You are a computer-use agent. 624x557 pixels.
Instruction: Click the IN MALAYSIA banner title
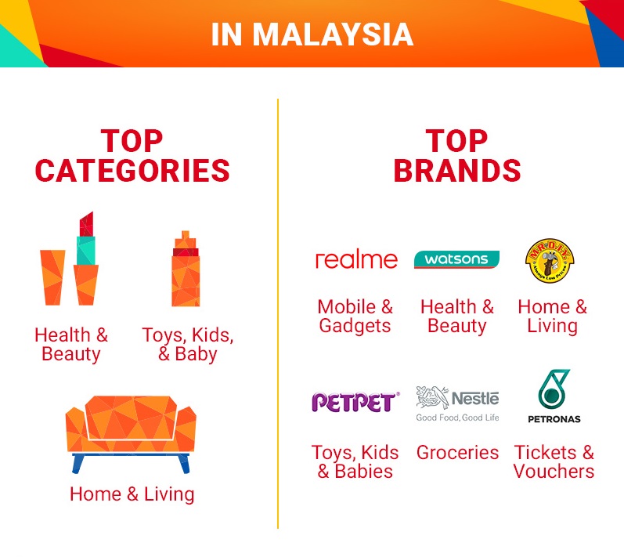click(x=312, y=34)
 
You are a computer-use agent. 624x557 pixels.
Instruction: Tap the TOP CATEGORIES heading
click(x=132, y=156)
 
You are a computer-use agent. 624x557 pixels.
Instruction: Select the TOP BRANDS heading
click(x=457, y=156)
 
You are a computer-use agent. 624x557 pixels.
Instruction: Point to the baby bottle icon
click(x=186, y=269)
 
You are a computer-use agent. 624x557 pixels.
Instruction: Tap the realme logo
click(x=355, y=259)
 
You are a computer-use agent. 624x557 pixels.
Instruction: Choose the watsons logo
click(x=456, y=259)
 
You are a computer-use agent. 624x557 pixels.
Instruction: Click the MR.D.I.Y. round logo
click(x=550, y=260)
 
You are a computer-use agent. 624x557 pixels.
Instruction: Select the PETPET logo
click(x=355, y=402)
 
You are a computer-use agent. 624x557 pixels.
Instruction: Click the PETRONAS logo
click(x=554, y=396)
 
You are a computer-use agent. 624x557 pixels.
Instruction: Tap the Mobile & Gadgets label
click(x=355, y=316)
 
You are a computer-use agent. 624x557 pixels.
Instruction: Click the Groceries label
click(x=457, y=453)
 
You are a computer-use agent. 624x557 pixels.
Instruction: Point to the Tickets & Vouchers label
click(x=554, y=461)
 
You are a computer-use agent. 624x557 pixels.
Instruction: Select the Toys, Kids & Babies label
click(x=355, y=461)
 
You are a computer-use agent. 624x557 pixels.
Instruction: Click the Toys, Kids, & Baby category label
click(x=187, y=345)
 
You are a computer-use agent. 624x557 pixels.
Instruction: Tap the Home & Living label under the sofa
click(x=132, y=494)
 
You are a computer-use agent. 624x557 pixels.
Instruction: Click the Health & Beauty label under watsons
click(x=457, y=316)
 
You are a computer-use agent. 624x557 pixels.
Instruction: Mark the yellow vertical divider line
click(x=278, y=313)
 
